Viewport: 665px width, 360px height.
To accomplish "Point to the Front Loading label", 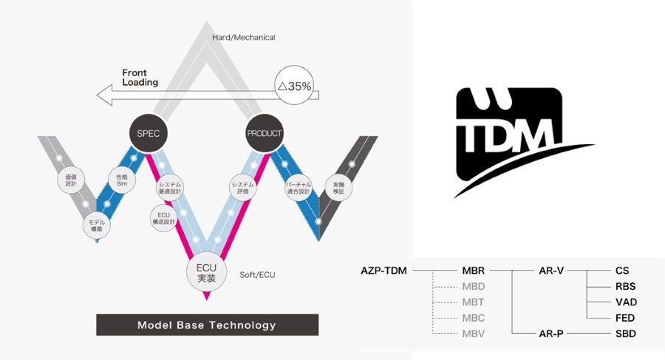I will pos(140,78).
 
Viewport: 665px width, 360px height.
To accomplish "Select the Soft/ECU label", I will pos(258,275).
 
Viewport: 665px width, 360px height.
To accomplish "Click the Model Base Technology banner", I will pos(207,325).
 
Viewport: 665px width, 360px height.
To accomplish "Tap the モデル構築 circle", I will pos(95,225).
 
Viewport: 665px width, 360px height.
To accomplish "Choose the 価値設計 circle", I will pos(71,180).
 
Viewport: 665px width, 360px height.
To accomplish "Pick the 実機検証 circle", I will pos(339,189).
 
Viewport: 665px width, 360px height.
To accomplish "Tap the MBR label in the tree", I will pos(473,271).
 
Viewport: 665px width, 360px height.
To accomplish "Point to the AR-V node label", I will pos(551,271).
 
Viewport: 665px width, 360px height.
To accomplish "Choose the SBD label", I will pos(625,334).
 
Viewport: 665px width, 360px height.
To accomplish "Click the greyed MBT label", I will pos(473,302).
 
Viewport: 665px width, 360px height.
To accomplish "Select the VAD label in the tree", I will pos(625,302).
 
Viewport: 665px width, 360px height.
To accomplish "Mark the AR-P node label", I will pos(551,334).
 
